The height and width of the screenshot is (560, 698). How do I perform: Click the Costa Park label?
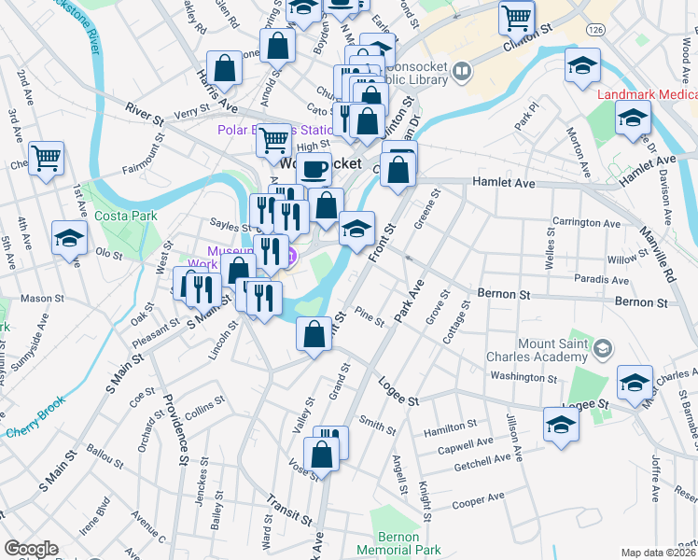[125, 216]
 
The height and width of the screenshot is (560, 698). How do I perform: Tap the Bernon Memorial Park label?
[408, 543]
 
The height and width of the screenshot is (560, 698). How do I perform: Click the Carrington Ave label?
[586, 224]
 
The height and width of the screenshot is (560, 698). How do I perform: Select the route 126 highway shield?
[593, 31]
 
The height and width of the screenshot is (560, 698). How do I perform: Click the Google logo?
[31, 549]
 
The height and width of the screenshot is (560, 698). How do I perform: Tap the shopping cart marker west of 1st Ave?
[46, 158]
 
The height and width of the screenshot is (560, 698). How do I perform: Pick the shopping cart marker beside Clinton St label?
[516, 17]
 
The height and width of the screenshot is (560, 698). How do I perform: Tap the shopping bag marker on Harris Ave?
[225, 67]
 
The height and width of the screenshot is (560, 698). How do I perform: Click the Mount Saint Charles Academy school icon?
[603, 349]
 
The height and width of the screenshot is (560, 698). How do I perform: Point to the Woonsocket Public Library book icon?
[461, 71]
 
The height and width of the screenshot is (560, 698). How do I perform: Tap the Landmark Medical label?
[647, 95]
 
